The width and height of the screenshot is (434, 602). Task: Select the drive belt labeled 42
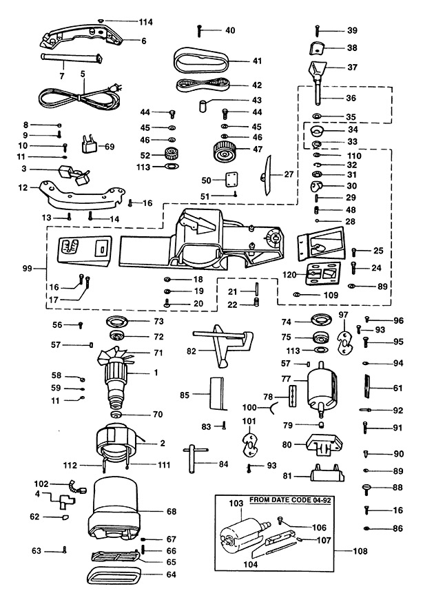203,85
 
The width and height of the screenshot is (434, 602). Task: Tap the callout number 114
145,22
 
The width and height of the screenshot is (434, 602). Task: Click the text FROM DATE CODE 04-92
290,500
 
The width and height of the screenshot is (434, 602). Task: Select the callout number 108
360,551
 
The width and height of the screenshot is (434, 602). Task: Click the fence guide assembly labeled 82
223,344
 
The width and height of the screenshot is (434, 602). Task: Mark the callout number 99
27,269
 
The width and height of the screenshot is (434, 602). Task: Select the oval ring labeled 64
113,574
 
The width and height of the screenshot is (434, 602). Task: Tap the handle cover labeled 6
81,37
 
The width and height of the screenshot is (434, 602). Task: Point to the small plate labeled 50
229,179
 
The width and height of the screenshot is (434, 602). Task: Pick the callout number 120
289,275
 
